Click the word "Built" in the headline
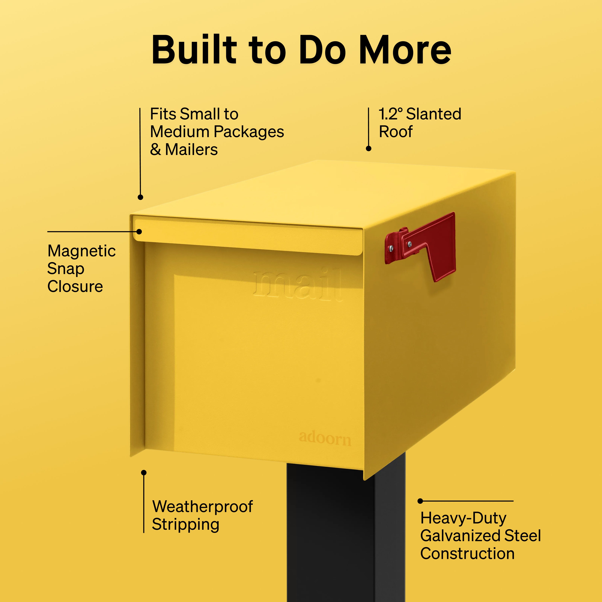[x=194, y=49]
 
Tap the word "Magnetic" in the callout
[x=82, y=251]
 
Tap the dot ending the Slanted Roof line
[x=369, y=149]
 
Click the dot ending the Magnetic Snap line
[x=139, y=232]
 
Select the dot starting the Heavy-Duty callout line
[x=420, y=501]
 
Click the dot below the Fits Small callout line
[x=140, y=197]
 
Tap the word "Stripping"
[x=185, y=525]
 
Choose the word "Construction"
[x=467, y=553]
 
